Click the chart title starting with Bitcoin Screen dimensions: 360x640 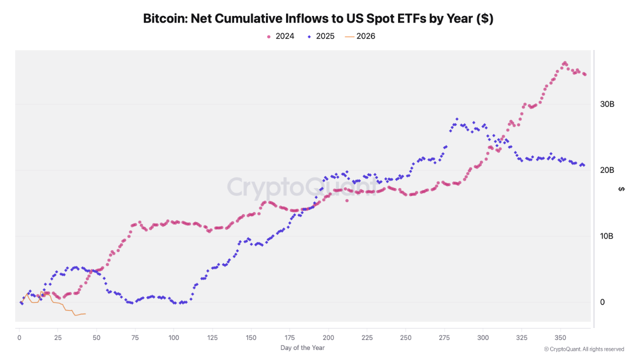click(x=318, y=18)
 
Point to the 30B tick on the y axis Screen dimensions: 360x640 click(x=607, y=104)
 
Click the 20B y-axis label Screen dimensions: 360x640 click(x=607, y=170)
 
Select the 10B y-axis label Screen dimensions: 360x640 click(x=607, y=236)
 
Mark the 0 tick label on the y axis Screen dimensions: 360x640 click(x=602, y=302)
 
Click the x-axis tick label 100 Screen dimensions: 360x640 click(x=173, y=337)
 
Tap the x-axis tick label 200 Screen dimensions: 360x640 click(x=328, y=337)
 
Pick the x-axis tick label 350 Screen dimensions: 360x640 click(x=560, y=337)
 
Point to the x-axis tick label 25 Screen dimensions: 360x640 click(x=57, y=337)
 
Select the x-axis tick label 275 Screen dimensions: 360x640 click(x=444, y=337)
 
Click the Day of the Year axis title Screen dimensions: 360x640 click(x=302, y=347)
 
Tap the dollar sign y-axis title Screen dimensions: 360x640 click(x=621, y=188)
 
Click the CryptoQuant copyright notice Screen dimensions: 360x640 click(x=583, y=349)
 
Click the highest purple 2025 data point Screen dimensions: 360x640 click(x=456, y=119)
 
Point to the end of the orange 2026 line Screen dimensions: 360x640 click(x=85, y=314)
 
